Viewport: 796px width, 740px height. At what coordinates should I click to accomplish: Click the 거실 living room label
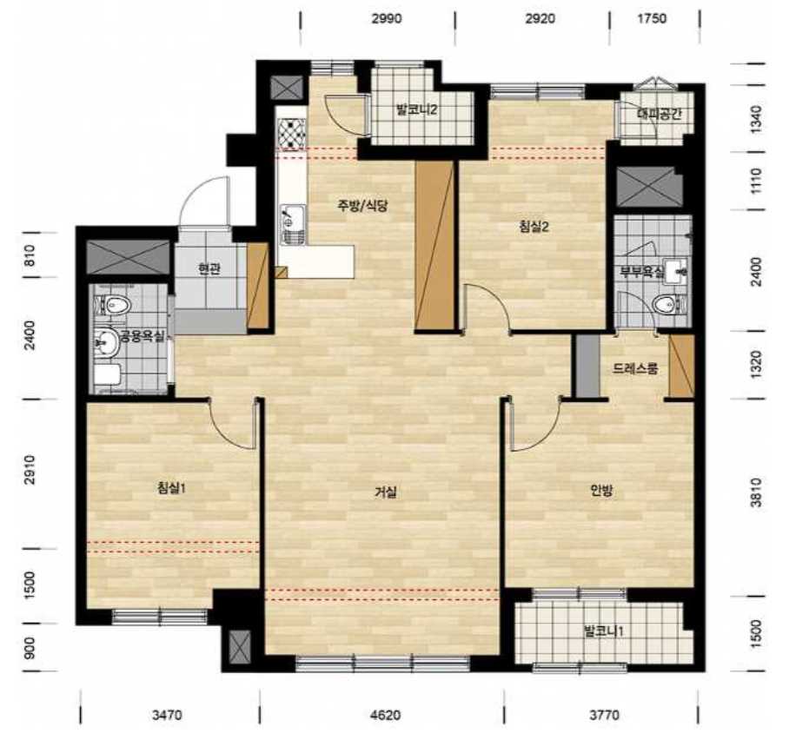click(x=386, y=492)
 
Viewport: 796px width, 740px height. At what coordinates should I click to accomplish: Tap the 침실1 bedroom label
click(x=171, y=488)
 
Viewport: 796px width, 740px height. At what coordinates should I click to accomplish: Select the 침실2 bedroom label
click(x=534, y=227)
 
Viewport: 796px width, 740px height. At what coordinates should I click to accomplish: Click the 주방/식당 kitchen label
click(x=363, y=205)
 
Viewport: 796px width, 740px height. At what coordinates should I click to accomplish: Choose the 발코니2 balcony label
click(x=417, y=109)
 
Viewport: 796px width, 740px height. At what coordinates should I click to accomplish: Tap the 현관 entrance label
click(x=209, y=269)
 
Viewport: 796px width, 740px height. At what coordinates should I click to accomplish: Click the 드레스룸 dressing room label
click(x=635, y=368)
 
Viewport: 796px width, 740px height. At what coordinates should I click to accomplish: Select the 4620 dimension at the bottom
click(x=385, y=715)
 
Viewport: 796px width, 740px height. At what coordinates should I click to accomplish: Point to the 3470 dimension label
click(x=167, y=715)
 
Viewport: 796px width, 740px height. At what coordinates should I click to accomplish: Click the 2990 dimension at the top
click(x=387, y=19)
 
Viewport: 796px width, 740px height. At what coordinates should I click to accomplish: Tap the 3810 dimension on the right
click(x=756, y=492)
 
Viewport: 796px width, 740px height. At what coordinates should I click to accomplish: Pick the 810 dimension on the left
click(x=30, y=256)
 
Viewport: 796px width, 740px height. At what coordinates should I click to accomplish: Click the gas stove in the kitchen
click(x=291, y=134)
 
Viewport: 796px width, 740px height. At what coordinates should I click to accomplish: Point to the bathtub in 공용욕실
click(x=107, y=375)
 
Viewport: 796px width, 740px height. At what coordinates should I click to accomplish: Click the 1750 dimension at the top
click(x=652, y=19)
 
